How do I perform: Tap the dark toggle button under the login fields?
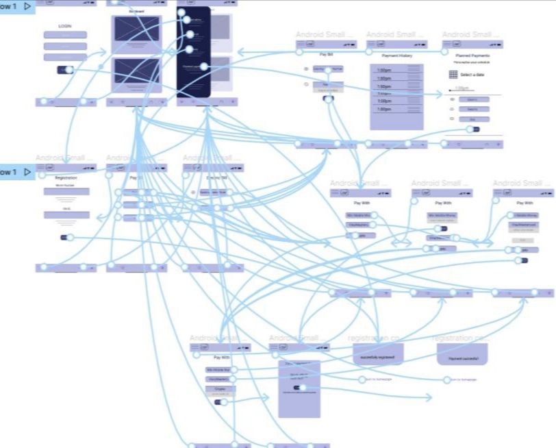point(66,69)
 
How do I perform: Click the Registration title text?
point(66,177)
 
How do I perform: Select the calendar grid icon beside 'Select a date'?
point(453,74)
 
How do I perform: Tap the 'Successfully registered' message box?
point(378,353)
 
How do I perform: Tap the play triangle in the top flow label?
point(27,6)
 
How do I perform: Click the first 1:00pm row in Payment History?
point(385,71)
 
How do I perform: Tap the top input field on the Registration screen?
point(66,192)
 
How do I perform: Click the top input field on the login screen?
point(65,35)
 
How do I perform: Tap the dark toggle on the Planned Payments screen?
point(472,129)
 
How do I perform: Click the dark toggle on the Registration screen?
point(66,237)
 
